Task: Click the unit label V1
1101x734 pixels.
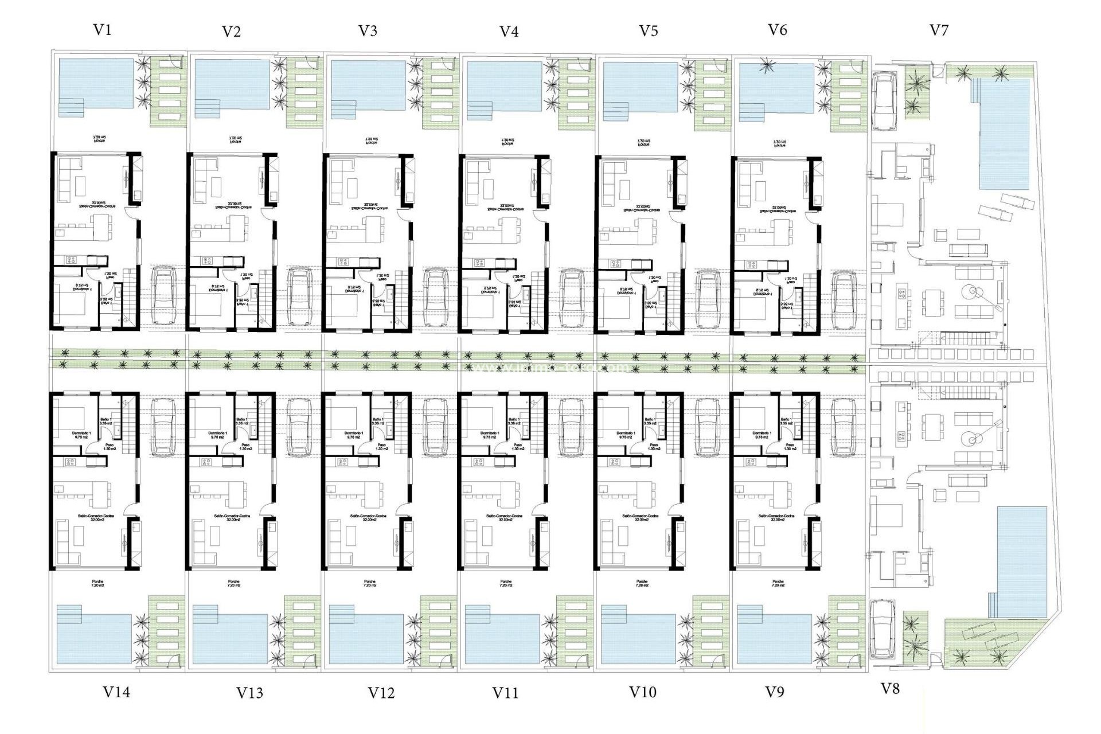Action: click(x=102, y=30)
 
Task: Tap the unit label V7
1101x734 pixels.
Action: click(x=939, y=30)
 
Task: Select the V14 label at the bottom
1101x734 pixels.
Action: click(x=116, y=692)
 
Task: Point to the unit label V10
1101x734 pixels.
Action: click(x=642, y=692)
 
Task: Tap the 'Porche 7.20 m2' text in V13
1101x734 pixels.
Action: click(x=233, y=583)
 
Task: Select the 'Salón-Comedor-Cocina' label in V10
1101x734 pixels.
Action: click(x=641, y=518)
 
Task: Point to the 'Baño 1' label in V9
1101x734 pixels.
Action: click(x=787, y=421)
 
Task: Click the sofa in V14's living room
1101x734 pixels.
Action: click(x=68, y=542)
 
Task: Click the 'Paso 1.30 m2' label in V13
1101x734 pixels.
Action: click(x=245, y=447)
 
